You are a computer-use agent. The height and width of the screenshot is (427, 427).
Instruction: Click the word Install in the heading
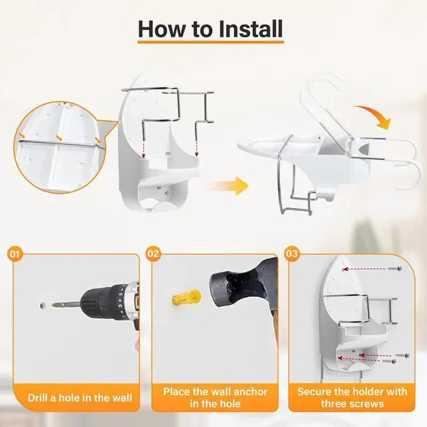251,29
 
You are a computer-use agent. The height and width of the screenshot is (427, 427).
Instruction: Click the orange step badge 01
15,254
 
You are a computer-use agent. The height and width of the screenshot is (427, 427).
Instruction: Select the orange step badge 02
153,254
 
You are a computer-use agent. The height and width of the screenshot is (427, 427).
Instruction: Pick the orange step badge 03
292,254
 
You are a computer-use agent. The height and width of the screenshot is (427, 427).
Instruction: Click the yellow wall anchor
187,298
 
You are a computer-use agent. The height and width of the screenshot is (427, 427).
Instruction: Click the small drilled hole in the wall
43,306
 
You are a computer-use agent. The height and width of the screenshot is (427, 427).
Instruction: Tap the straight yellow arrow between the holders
230,186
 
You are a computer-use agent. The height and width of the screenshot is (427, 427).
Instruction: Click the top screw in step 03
395,268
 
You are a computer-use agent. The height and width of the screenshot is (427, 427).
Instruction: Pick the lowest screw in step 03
389,361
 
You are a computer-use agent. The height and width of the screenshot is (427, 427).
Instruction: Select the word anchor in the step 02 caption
250,392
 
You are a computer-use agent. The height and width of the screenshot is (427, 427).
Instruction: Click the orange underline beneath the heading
211,42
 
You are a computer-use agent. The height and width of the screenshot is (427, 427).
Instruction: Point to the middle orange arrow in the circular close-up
59,137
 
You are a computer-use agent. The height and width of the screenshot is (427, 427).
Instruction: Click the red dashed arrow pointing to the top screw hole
364,269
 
